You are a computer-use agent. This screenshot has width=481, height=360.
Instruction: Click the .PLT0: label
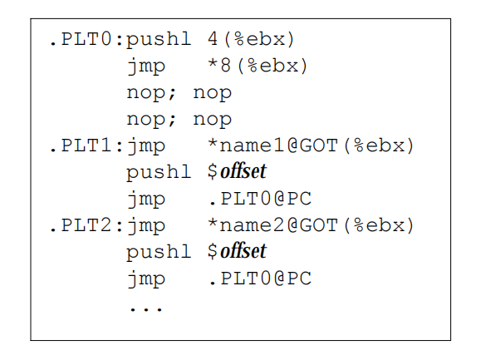(86, 39)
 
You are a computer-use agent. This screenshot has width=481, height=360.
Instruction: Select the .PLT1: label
(86, 145)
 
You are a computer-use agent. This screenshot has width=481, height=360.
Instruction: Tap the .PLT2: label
(86, 225)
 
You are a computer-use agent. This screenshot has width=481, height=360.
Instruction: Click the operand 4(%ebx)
(251, 40)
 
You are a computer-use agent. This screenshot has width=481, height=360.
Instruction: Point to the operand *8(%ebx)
(258, 66)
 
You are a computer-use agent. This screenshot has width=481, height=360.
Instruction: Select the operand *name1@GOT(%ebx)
(311, 145)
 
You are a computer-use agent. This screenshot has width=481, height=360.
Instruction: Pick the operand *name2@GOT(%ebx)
(311, 225)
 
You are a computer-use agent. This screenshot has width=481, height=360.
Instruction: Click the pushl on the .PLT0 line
(159, 40)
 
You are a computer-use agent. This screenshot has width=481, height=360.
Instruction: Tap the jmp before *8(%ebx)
(146, 67)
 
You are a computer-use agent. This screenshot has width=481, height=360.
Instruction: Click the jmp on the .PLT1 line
(146, 146)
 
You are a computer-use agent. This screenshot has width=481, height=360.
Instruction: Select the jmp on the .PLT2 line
(146, 226)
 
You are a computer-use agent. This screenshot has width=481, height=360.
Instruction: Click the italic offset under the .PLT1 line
(243, 171)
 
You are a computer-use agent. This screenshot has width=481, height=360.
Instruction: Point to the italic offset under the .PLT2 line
(243, 251)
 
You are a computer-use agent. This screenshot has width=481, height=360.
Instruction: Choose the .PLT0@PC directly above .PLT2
(260, 199)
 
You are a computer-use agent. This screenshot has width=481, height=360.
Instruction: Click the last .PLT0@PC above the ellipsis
(260, 279)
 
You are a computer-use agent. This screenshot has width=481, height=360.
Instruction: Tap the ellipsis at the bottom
(146, 309)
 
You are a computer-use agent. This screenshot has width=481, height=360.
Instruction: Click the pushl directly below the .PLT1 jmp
(159, 173)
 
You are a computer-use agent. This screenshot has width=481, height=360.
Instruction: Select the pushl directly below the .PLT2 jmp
(159, 253)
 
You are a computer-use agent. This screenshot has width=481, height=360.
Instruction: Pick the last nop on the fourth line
(212, 120)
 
